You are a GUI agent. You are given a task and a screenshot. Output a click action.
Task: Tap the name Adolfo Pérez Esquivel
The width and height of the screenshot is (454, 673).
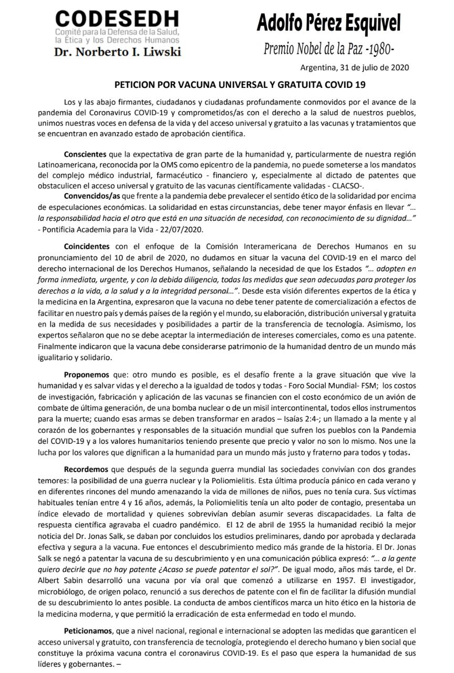pos(328,23)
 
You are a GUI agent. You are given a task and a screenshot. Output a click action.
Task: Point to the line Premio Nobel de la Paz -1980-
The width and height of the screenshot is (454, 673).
pos(328,49)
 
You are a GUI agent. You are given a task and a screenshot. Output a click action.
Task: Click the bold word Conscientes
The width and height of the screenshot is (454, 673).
pos(87,155)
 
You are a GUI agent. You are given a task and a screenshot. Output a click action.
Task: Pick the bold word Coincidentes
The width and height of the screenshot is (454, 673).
pos(87,246)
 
